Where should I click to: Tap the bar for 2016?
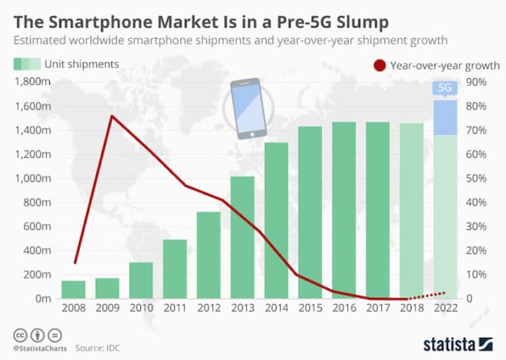pyautogui.click(x=343, y=211)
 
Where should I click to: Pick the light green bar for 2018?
pyautogui.click(x=411, y=211)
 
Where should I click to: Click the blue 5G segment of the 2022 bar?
pyautogui.click(x=445, y=117)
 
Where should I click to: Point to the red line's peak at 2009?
pyautogui.click(x=112, y=116)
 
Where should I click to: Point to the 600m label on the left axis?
pyautogui.click(x=38, y=227)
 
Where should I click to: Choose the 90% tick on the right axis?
pyautogui.click(x=475, y=82)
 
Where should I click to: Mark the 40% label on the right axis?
pyautogui.click(x=475, y=203)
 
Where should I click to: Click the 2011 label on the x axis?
pyautogui.click(x=175, y=311)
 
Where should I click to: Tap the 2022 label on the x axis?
pyautogui.click(x=445, y=311)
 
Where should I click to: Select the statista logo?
pyautogui.click(x=452, y=342)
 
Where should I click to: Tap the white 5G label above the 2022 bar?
pyautogui.click(x=445, y=87)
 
